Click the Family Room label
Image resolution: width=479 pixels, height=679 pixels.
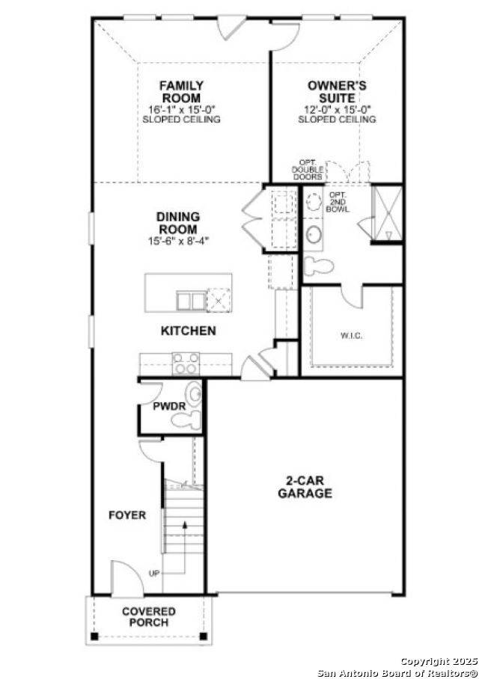180,92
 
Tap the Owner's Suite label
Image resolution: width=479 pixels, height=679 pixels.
337,92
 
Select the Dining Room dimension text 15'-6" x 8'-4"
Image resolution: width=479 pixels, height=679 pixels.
178,241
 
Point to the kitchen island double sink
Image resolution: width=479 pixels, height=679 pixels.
190,301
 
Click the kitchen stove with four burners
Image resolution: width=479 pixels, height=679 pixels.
186,363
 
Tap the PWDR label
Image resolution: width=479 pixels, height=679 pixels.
169,407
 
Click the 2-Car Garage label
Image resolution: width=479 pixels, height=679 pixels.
305,487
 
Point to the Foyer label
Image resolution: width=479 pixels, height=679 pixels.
127,515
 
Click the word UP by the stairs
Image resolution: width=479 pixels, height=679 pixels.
154,574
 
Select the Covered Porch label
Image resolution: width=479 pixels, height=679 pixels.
149,617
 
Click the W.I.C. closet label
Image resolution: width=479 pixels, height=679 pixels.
351,336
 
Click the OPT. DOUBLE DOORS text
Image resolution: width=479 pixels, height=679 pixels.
308,170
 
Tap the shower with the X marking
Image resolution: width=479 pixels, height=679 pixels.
388,214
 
